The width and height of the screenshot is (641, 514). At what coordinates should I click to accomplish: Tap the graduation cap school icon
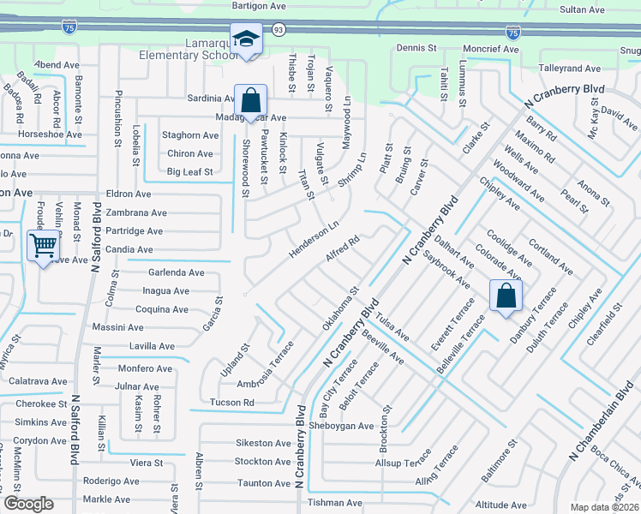(245, 39)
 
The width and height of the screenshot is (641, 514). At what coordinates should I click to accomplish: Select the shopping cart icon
(43, 246)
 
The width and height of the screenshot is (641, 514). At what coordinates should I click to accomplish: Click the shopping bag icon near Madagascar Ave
(251, 100)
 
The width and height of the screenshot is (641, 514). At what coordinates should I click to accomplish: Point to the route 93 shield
(279, 29)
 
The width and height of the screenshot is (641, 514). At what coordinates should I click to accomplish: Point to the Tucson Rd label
(231, 403)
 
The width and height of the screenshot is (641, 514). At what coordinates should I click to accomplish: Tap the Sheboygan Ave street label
(341, 426)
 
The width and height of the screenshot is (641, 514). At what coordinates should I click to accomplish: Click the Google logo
(28, 504)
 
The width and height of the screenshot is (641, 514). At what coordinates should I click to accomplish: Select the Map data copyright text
(604, 507)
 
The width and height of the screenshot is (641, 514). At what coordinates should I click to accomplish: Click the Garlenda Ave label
(177, 272)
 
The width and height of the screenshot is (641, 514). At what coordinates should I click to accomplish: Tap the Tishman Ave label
(335, 503)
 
